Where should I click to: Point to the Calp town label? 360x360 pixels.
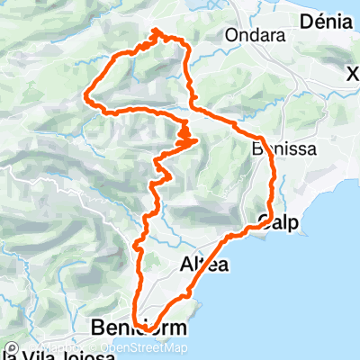coord(277,220)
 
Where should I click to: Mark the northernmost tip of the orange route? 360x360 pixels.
coord(158,31)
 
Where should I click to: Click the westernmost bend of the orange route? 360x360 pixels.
coord(85,94)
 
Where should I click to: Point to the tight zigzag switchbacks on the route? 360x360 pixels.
coord(186,138)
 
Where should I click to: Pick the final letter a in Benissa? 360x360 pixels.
coord(310,150)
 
